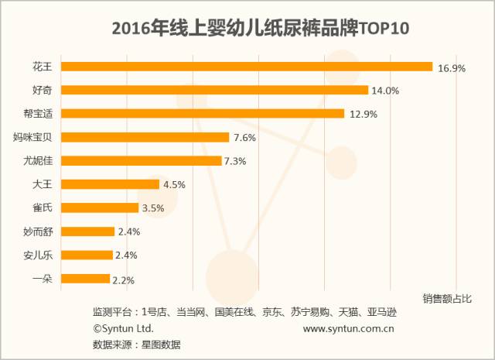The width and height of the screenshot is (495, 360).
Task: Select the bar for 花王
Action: click(246, 67)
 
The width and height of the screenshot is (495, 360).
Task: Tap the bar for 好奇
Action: click(214, 90)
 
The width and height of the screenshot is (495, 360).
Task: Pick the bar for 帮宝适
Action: click(202, 114)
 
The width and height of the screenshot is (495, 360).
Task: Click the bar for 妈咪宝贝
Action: click(145, 137)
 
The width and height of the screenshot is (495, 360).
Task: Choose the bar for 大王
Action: click(109, 184)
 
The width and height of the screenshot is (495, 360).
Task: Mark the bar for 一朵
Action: click(85, 279)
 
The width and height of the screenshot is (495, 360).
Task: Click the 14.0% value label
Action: click(385, 91)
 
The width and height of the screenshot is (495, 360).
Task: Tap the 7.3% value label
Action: click(245, 161)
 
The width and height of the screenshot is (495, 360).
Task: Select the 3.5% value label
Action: click(152, 208)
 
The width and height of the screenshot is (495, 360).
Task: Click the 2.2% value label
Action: click(125, 279)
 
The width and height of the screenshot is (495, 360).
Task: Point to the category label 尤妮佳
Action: click(38, 161)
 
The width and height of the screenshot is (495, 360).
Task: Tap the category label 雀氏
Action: click(43, 208)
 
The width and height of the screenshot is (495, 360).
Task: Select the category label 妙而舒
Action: click(38, 231)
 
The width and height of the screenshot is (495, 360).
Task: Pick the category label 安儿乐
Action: click(38, 255)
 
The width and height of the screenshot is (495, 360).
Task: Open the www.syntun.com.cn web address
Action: click(350, 329)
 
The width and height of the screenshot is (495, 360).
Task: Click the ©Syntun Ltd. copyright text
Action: click(123, 329)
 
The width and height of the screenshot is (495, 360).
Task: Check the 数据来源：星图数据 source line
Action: click(136, 345)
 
